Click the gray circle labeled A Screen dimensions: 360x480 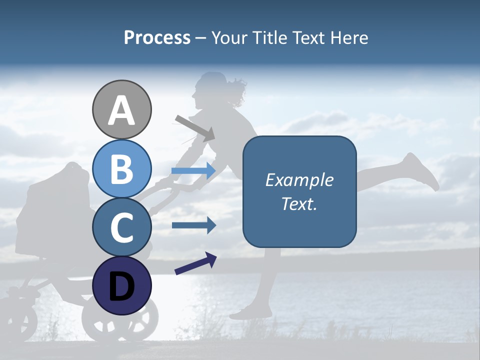click(121, 109)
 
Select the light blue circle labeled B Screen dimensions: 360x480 click(121, 168)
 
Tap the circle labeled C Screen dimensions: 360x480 click(121, 227)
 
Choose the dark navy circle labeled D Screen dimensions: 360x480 click(121, 285)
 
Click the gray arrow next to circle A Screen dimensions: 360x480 click(194, 127)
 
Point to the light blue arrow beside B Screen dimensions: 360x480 click(193, 171)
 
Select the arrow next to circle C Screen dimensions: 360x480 click(193, 225)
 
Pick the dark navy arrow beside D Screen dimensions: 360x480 click(195, 263)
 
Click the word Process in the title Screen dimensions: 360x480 click(157, 38)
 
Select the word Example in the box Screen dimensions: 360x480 click(299, 180)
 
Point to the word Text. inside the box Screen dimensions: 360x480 click(299, 203)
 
